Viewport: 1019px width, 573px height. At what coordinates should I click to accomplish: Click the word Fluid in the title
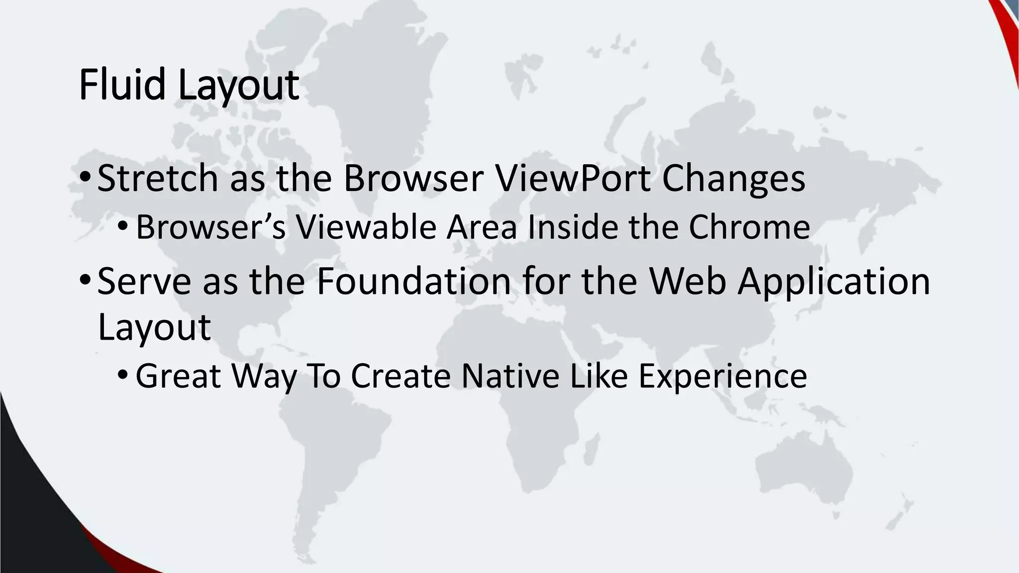[x=122, y=85]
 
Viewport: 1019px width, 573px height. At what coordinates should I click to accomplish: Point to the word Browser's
[x=210, y=227]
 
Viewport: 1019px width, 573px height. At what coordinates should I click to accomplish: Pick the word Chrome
[x=749, y=227]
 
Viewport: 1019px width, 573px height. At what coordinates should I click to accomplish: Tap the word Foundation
[x=413, y=282]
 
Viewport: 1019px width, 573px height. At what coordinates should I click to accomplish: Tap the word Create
[x=401, y=376]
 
